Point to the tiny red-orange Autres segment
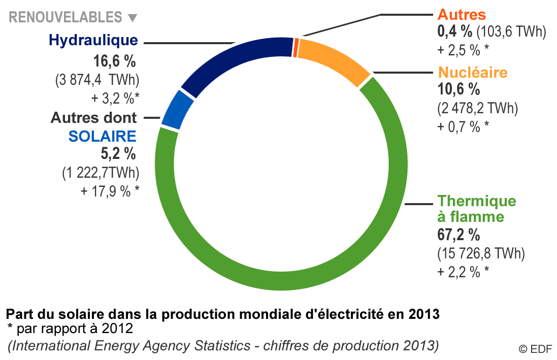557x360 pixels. tap(296, 47)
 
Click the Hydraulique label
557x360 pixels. tap(93, 40)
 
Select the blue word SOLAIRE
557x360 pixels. tap(103, 136)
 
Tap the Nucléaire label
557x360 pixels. tap(472, 72)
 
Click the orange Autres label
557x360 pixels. tap(462, 14)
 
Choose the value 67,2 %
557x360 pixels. tap(458, 235)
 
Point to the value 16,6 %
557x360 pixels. tap(115, 62)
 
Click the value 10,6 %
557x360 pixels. tap(458, 90)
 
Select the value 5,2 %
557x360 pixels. tap(118, 153)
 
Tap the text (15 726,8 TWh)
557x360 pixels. tap(481, 253)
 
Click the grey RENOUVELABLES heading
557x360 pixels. tap(65, 17)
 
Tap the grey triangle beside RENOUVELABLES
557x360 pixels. tap(133, 18)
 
